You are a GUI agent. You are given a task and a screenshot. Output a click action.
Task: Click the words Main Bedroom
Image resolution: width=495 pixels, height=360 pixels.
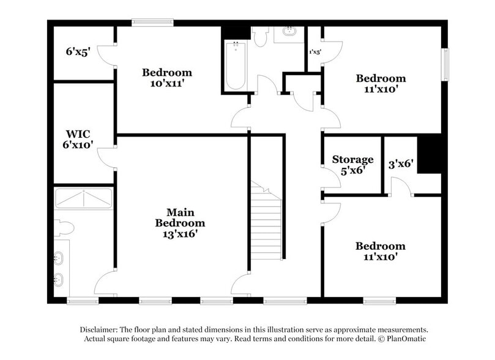tap(179, 217)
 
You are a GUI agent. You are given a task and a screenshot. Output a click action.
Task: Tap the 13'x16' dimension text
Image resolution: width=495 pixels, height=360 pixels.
tap(179, 233)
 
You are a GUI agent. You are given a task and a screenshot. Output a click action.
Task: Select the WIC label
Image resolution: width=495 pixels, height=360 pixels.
tap(78, 134)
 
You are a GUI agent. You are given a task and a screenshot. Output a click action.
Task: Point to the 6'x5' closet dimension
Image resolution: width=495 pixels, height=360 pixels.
tap(78, 53)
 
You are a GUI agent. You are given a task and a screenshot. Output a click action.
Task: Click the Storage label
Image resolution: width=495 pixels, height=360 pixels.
tap(352, 160)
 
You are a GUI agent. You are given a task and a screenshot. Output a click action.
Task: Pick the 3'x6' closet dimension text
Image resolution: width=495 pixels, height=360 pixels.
tap(401, 163)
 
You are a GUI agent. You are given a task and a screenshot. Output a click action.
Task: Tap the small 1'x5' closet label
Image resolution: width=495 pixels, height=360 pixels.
tap(314, 53)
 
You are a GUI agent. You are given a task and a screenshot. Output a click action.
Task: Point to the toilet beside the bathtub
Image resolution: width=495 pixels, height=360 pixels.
tap(260, 38)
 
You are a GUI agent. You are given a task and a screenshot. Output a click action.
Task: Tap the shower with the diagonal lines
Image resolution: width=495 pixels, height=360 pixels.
tap(84, 199)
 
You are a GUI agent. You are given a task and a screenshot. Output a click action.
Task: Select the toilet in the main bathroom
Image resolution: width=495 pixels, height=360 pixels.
tap(63, 228)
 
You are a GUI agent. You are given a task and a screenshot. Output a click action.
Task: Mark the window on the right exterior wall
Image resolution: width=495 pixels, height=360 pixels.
tap(446, 64)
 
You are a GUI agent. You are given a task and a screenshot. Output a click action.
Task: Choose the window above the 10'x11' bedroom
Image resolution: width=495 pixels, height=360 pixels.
tap(152, 23)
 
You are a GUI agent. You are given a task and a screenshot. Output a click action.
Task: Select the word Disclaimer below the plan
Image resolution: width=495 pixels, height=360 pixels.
tap(100, 329)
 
